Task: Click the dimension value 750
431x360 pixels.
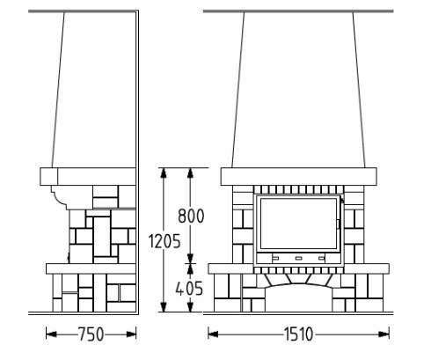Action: [91, 334]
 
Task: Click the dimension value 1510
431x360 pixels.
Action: [298, 334]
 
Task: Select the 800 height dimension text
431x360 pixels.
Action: [191, 216]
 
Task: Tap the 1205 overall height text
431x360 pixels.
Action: [164, 242]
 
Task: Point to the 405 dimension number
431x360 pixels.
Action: [189, 289]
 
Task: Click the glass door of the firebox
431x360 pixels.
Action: [298, 224]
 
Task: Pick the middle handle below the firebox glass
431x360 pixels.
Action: [298, 258]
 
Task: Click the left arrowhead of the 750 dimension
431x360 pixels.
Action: [51, 334]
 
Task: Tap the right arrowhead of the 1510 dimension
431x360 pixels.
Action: [384, 334]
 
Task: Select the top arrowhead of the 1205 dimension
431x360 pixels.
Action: [164, 173]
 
